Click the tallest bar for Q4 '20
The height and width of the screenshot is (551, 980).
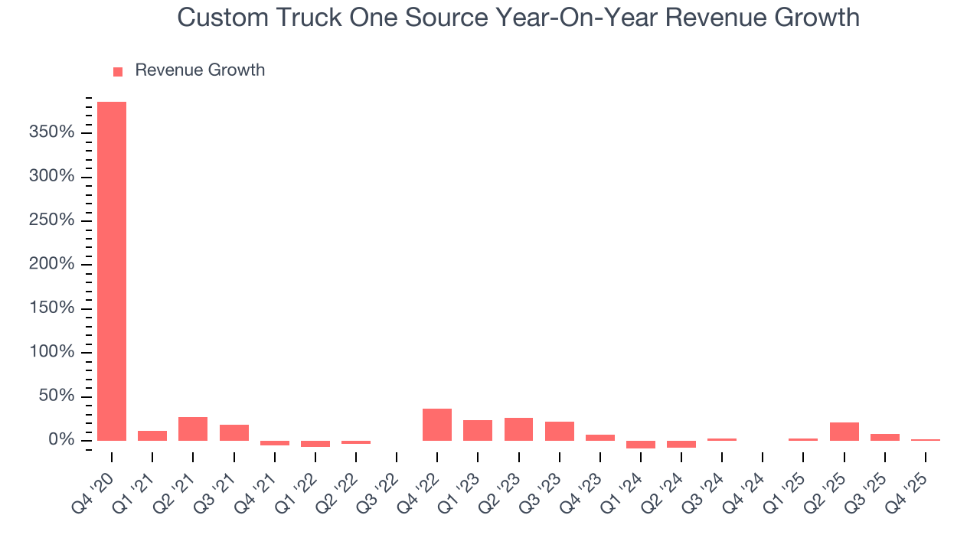[112, 271]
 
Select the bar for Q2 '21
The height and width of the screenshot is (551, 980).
[193, 429]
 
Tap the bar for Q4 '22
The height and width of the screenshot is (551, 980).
[437, 425]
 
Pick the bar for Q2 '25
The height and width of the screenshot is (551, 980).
[844, 432]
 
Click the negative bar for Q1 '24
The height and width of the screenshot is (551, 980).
[641, 444]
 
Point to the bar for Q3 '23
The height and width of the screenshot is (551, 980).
[559, 431]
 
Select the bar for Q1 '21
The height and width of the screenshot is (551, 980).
[152, 435]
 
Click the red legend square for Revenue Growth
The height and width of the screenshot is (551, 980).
[118, 71]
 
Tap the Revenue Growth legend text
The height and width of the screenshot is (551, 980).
[200, 70]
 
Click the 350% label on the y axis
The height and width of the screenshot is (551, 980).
[53, 133]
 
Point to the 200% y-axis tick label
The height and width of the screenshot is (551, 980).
[53, 265]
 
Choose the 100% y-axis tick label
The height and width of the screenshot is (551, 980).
[53, 353]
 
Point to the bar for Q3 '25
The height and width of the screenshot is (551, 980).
[884, 437]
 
